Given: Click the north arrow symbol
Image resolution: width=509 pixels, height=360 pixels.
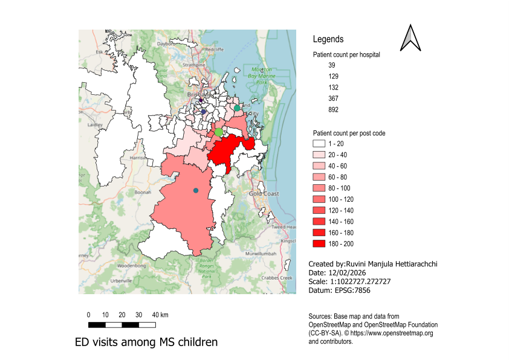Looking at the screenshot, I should pos(410,37).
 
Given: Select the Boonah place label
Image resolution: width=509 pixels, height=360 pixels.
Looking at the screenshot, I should pos(142,192).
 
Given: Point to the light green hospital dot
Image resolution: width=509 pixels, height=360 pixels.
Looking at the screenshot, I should pos(219,132).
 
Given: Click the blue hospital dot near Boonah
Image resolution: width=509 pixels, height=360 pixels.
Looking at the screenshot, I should pos(195,191).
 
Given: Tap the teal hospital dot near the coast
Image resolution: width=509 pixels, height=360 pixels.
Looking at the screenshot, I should pos(238,108).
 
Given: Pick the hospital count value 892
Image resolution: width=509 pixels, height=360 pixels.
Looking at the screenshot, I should pos(334,110).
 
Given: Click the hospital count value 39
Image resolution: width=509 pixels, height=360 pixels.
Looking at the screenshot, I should pos(332,65).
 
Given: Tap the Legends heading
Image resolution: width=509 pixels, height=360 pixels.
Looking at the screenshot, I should pos(328,39).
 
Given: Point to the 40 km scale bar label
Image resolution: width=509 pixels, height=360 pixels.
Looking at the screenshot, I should pos(160,315).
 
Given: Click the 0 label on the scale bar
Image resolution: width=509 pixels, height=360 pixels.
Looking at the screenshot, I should pos(89,315).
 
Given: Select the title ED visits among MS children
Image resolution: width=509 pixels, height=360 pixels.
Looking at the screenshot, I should pos(146,342).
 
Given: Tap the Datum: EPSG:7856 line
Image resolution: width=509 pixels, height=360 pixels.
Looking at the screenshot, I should pos(339,291).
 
